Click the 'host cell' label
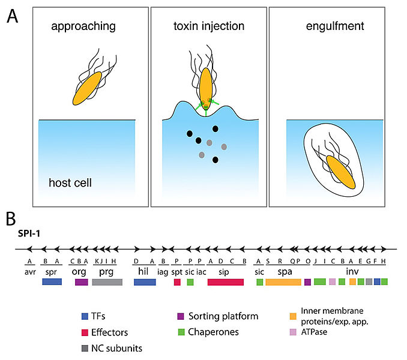71,181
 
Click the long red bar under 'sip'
225,281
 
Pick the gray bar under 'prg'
107,281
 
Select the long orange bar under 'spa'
283,281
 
